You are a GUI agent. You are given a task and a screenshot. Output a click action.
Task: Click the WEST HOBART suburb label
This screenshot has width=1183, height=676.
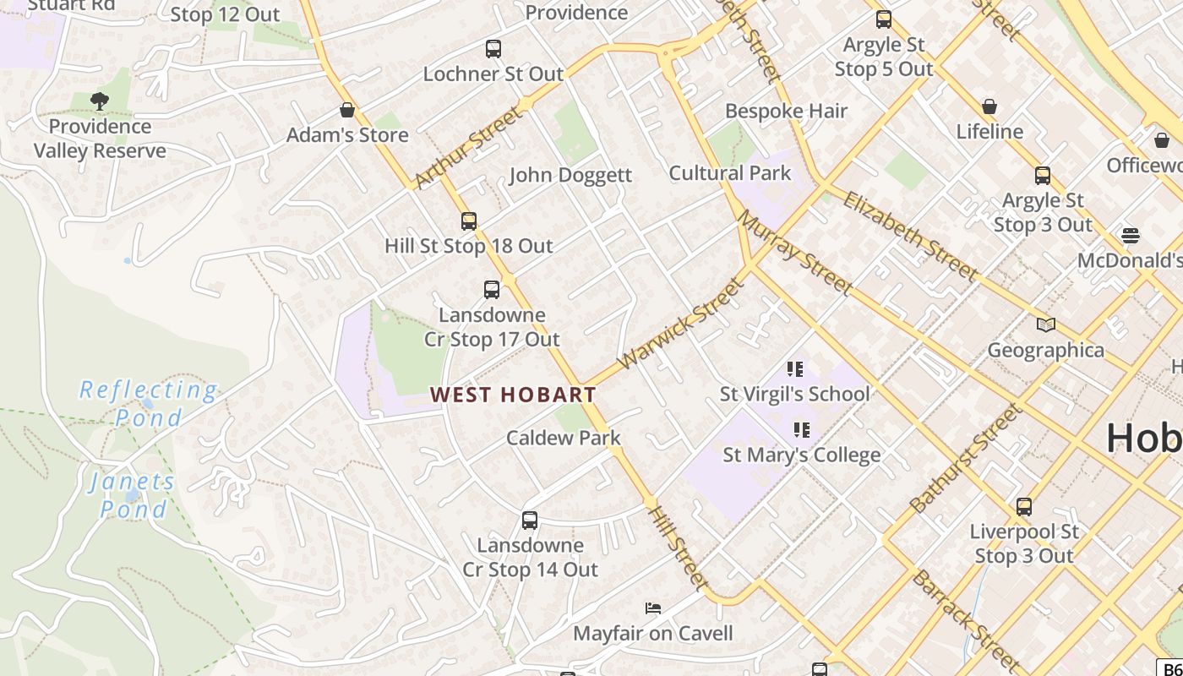point(513,395)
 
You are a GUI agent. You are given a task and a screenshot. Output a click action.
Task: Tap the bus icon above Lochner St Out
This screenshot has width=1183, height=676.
point(493,49)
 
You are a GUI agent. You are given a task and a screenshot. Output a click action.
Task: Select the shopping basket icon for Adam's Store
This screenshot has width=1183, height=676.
point(346,110)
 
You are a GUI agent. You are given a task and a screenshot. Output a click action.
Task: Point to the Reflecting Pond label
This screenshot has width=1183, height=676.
point(149,403)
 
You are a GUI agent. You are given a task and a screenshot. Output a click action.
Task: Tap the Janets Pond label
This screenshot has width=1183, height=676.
point(133,495)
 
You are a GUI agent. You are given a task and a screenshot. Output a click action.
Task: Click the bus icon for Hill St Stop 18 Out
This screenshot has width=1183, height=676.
point(469,221)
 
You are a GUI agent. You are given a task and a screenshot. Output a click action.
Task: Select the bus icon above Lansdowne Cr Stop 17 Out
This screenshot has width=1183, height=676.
point(492,290)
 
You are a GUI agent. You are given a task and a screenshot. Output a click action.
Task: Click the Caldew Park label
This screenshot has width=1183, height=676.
point(564,438)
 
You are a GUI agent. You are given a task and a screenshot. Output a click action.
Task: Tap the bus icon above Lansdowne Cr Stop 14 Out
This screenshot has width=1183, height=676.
point(530,521)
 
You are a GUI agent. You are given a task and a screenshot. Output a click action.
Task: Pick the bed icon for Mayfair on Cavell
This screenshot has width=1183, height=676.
point(653,608)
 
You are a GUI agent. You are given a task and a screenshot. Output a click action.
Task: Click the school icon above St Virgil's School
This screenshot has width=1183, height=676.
point(794,368)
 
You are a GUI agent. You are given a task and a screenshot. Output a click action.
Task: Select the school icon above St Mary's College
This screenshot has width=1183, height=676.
point(802,430)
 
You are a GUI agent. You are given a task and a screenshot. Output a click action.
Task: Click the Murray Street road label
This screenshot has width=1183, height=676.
point(795,253)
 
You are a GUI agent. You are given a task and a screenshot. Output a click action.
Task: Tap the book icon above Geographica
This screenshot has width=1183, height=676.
point(1046,324)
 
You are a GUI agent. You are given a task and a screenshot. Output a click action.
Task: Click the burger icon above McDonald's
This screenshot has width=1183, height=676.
point(1130,235)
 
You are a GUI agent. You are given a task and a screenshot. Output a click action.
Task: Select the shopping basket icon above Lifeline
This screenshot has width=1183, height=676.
point(989,106)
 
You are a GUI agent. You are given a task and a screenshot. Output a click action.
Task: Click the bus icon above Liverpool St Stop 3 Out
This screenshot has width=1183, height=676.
point(1024,507)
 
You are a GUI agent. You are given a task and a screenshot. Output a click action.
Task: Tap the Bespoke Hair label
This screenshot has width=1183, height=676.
point(786,111)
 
